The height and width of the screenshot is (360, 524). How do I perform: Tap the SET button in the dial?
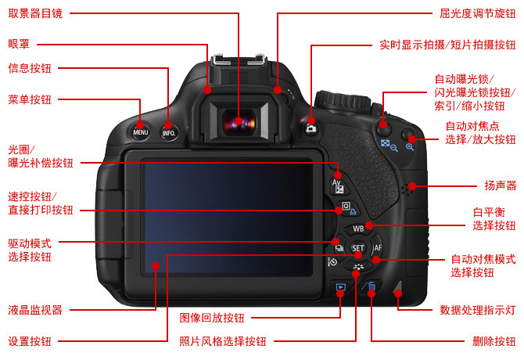357,248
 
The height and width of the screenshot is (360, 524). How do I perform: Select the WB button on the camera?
358,229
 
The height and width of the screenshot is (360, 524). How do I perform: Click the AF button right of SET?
377,247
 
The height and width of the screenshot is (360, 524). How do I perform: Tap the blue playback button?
340,287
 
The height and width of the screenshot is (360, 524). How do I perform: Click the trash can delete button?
371,287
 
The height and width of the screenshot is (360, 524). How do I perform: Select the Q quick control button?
346,207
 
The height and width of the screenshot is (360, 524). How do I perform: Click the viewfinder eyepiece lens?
239,122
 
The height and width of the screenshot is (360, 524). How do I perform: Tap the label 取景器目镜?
35,14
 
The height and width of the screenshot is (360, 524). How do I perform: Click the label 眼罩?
19,44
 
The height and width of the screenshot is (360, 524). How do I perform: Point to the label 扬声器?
501,185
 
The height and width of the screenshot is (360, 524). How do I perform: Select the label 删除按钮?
494,341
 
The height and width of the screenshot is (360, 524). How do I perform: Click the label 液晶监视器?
35,310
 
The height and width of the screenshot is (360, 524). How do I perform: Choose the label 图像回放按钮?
212,318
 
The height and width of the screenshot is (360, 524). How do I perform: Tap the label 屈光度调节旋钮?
478,14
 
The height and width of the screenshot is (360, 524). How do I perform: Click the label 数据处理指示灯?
478,310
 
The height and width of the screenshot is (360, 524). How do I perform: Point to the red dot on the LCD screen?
156,266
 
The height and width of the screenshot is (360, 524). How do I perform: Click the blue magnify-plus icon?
410,147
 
